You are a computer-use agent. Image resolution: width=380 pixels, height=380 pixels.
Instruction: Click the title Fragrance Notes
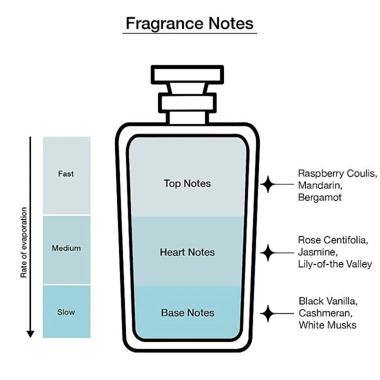tap(190, 24)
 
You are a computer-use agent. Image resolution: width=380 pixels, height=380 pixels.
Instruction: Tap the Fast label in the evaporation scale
tap(66, 174)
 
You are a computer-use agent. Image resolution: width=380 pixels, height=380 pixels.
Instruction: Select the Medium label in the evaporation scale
tap(66, 248)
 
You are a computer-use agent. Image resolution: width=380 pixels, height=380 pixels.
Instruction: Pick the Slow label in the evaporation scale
tap(66, 312)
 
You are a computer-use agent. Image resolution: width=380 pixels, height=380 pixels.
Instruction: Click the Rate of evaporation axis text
tap(24, 242)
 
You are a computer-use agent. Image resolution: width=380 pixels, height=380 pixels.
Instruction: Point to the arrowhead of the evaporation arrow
tap(30, 335)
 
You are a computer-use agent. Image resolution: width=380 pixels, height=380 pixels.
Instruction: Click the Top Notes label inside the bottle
tap(188, 184)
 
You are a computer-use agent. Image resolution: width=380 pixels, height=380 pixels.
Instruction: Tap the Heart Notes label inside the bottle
tap(188, 252)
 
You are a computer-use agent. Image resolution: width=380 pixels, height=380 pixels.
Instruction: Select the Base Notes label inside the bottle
tap(188, 313)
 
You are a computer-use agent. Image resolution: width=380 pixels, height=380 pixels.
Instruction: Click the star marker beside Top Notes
tap(268, 185)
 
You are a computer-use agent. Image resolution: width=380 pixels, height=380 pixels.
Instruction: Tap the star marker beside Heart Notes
tap(268, 253)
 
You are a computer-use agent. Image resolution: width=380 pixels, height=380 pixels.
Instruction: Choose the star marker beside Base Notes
tap(268, 313)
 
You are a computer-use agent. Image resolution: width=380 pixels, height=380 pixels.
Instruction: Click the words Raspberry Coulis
tap(338, 174)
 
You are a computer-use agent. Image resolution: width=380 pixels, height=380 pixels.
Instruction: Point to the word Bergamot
tap(320, 197)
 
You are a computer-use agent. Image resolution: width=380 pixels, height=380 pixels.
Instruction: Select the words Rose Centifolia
tap(333, 240)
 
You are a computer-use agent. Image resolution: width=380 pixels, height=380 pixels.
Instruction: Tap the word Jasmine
tap(318, 252)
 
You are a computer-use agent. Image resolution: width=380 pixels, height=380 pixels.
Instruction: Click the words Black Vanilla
tap(328, 301)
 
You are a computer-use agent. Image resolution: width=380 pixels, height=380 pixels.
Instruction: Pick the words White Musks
tap(328, 325)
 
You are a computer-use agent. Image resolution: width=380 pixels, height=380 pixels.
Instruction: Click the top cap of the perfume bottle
tap(188, 75)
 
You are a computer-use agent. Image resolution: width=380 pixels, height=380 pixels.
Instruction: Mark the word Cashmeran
tap(326, 313)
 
